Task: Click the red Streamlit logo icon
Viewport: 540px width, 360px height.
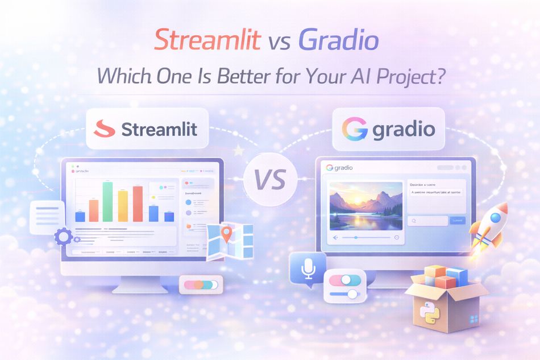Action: (x=105, y=129)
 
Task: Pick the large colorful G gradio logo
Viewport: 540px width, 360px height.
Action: (x=355, y=129)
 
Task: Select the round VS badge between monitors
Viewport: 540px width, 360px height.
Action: (x=270, y=180)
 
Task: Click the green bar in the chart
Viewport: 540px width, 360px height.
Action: (x=107, y=201)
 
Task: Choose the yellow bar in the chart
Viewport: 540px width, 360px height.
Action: (x=123, y=205)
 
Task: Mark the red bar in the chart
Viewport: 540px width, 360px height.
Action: (x=138, y=204)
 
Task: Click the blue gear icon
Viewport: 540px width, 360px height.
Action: (x=63, y=235)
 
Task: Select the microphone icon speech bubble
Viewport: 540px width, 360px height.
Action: (x=308, y=268)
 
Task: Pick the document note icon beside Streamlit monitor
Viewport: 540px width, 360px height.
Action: (x=47, y=217)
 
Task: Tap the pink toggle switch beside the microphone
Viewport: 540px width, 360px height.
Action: (x=344, y=280)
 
